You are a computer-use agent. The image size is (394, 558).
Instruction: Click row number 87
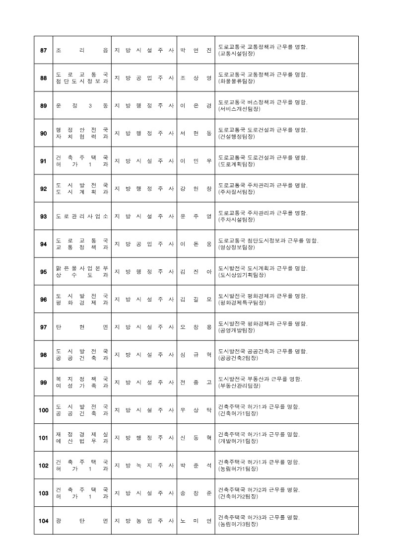coord(44,50)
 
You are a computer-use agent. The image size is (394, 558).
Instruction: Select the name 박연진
coord(196,50)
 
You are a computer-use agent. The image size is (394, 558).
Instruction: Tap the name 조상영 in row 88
coord(196,78)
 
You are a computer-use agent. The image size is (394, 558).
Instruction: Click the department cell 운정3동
coord(82,106)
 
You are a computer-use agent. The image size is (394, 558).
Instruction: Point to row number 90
coord(44,133)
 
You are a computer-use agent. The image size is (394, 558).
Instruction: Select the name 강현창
coord(196,189)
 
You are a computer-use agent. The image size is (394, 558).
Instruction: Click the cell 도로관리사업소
coord(82,217)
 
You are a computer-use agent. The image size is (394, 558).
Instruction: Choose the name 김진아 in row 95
coord(196,272)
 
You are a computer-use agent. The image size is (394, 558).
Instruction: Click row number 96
coord(44,300)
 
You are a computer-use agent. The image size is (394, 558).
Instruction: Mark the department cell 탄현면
coord(82,327)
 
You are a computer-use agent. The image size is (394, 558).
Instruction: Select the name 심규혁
coord(196,355)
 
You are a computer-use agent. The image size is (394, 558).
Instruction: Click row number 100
coord(44,410)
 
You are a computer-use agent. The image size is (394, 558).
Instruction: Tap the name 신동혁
coord(196,438)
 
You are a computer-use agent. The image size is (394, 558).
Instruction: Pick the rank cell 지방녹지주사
coord(144,466)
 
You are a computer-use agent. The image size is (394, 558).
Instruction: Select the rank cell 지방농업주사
coord(144,521)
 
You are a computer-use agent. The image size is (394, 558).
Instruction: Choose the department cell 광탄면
coord(82,521)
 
